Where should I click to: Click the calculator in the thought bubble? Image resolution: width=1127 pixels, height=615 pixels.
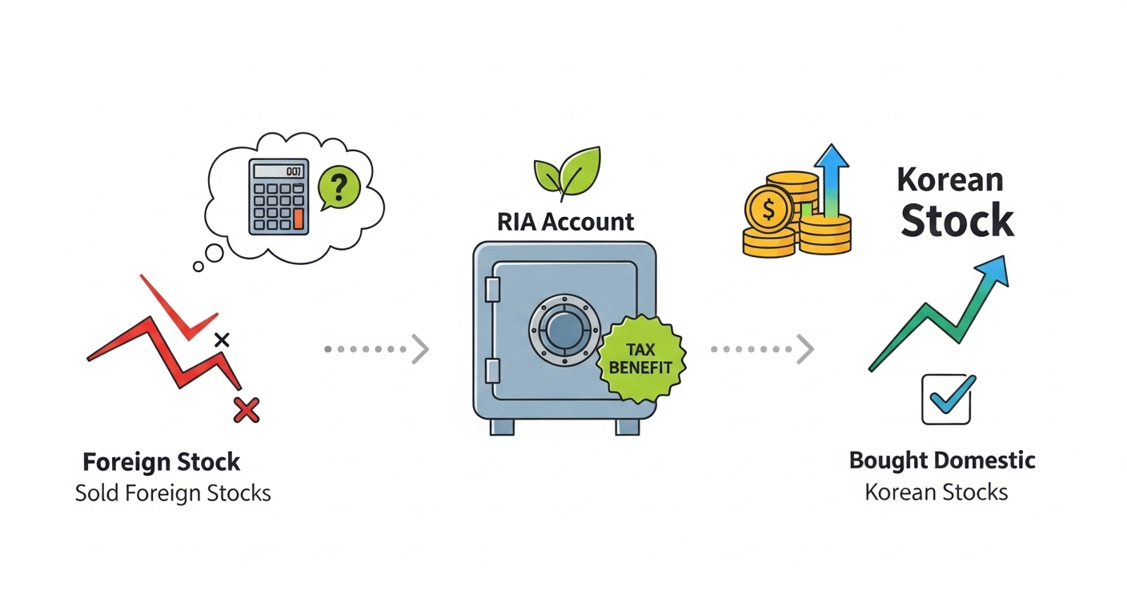pos(279,195)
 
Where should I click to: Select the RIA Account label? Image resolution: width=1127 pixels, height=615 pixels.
pos(565,221)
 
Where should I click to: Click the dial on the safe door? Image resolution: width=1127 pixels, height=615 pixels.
pos(563,329)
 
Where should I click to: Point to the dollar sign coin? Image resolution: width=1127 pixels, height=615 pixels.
pos(768,209)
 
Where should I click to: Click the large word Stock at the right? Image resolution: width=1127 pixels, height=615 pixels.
pos(957,220)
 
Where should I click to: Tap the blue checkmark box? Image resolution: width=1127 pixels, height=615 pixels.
pos(947,399)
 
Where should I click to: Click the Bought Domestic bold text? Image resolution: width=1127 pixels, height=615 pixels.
pos(942,461)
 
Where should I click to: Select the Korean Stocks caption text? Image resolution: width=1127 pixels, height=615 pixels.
pos(936,492)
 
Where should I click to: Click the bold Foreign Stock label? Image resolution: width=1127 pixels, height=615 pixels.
pos(162,462)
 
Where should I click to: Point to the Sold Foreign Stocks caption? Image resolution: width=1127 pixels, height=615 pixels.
pos(173,492)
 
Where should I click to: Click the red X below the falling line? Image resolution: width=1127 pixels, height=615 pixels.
pos(247,410)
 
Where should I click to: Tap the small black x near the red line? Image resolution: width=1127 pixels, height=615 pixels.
pos(223,340)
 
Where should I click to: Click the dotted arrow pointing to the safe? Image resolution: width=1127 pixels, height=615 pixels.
pos(376,349)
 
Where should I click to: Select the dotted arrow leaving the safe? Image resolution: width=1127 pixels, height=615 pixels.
pos(761,349)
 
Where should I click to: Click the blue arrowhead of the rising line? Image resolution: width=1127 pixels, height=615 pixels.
pos(993,273)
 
